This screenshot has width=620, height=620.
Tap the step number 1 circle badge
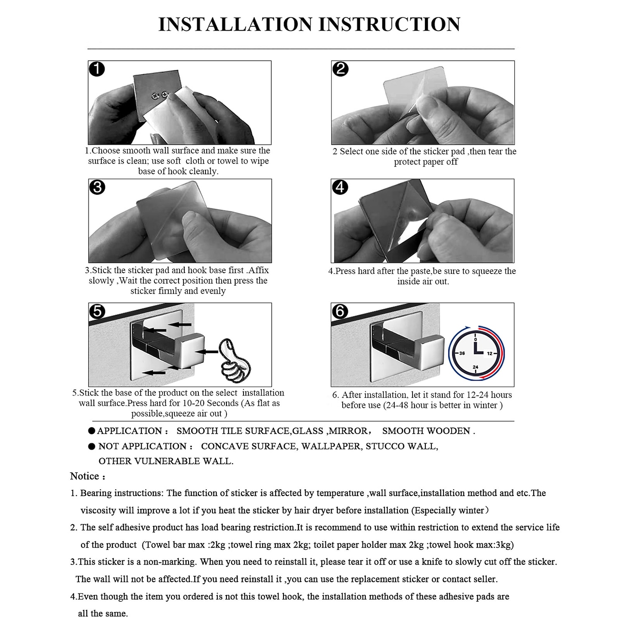coord(97,69)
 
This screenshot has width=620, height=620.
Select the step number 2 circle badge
coord(340,69)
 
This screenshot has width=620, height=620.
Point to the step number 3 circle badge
coord(97,187)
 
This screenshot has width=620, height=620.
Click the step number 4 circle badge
coord(340,187)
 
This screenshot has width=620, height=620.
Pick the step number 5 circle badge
coord(97,311)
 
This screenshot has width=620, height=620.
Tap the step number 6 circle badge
coord(340,311)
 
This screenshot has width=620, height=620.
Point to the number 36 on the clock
coord(462,353)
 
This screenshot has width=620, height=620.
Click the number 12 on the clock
coord(490,353)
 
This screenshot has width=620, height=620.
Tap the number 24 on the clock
coord(475,367)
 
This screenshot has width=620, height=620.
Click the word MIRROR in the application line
coord(348,431)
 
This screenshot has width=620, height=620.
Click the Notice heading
coord(85,476)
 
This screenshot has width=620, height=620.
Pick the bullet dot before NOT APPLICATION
coord(92,446)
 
